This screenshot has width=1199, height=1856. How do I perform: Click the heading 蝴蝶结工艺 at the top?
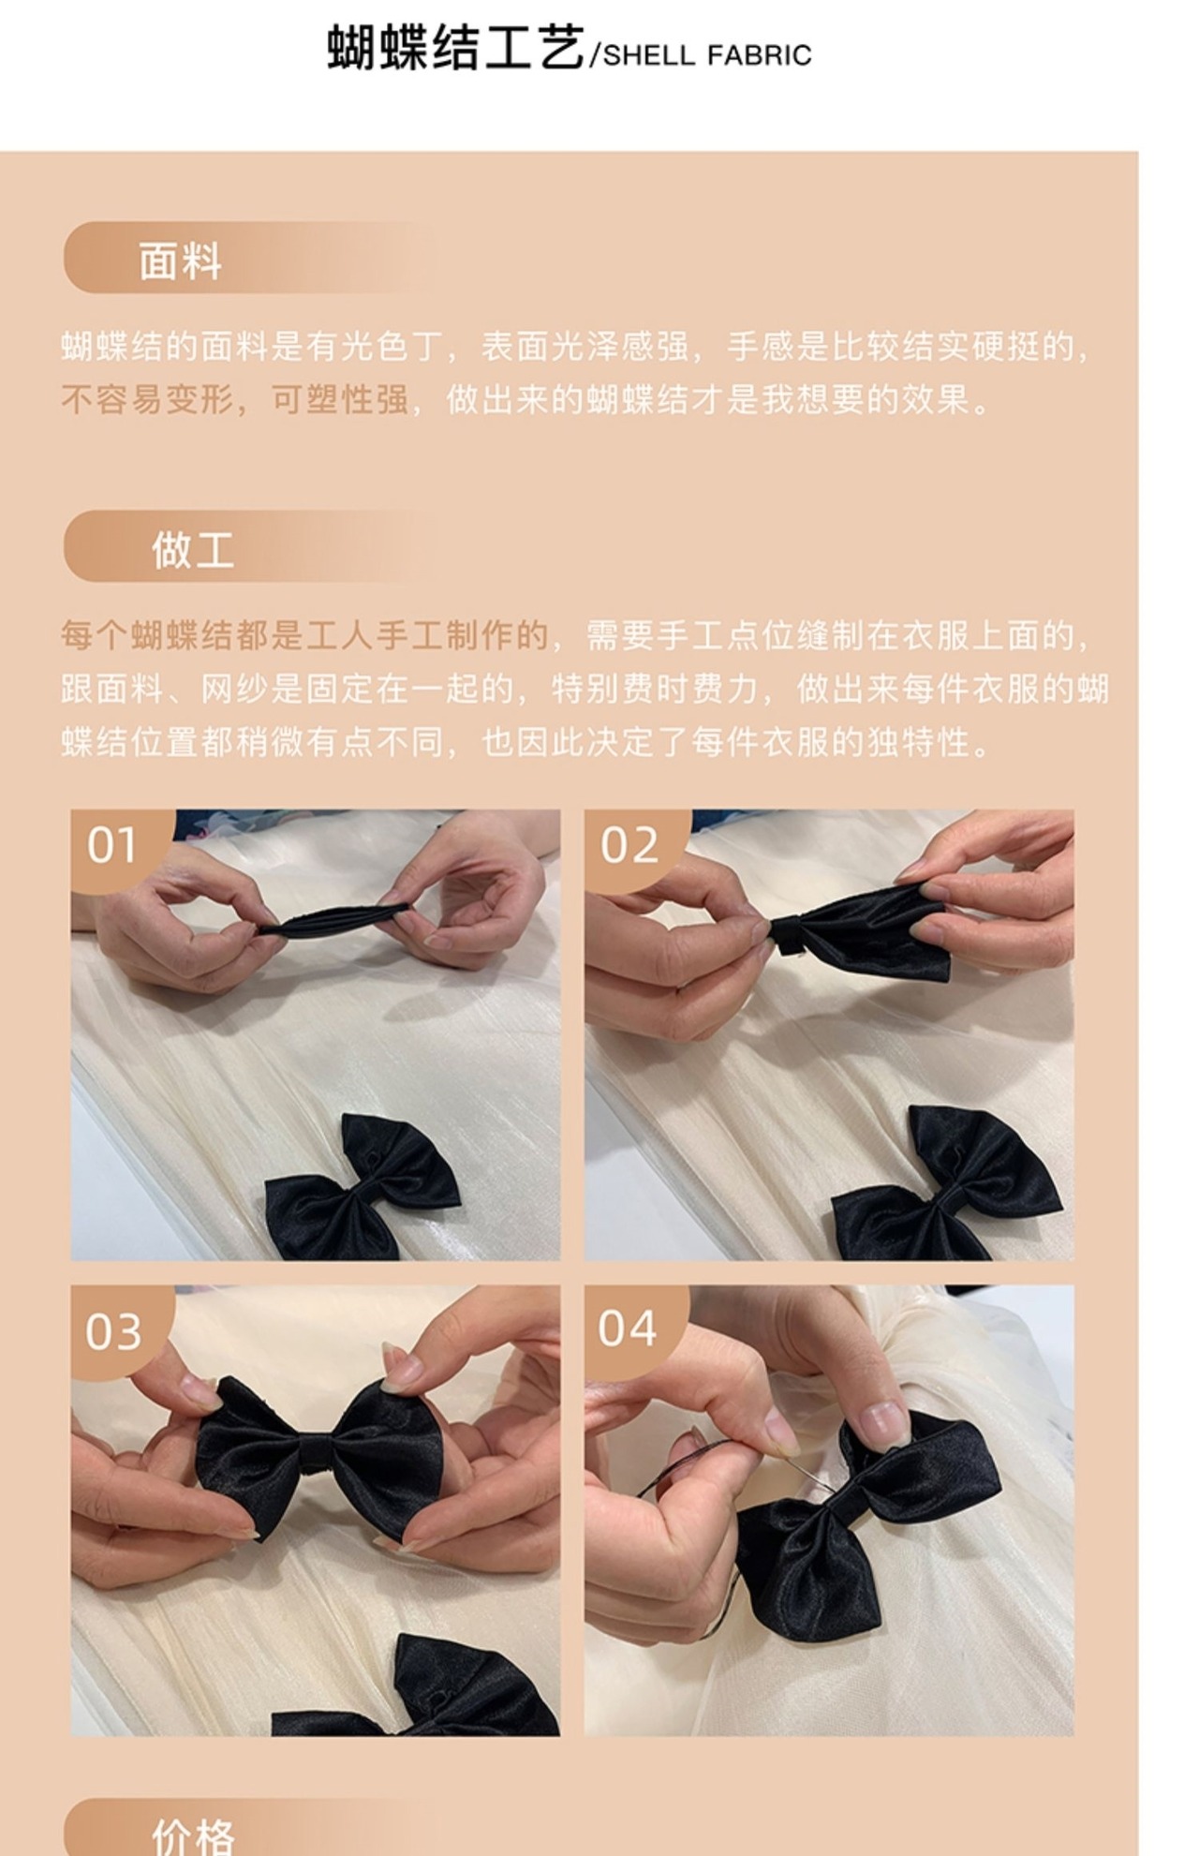coord(456,49)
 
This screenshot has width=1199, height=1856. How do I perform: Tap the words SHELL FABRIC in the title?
coord(707,56)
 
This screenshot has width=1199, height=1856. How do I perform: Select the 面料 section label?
coord(181,260)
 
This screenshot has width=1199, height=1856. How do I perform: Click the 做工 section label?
coord(193,549)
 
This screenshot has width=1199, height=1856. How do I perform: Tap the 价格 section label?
coord(193,1837)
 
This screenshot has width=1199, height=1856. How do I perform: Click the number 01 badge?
coord(112,845)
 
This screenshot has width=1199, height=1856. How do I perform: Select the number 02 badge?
coord(629,845)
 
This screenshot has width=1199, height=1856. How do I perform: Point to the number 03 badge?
coord(113,1331)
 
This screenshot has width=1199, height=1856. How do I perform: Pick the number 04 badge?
coord(628,1328)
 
